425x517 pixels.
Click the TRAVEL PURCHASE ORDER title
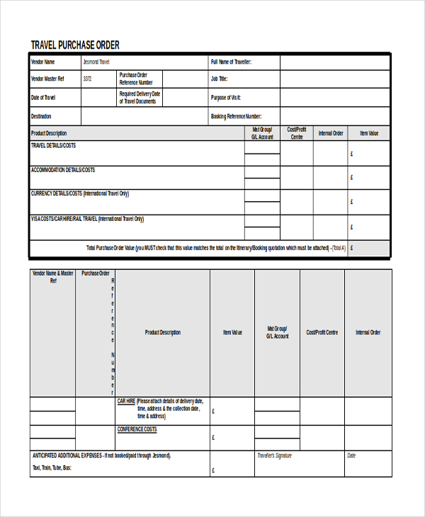pyautogui.click(x=75, y=45)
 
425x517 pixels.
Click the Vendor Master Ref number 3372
pyautogui.click(x=87, y=79)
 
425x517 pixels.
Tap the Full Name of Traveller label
pyautogui.click(x=231, y=62)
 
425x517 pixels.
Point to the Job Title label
pyautogui.click(x=219, y=79)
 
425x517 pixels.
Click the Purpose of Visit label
pyautogui.click(x=226, y=98)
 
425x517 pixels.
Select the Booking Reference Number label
pyautogui.click(x=237, y=116)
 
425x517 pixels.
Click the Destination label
pyautogui.click(x=41, y=116)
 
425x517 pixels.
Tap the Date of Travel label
pyautogui.click(x=43, y=98)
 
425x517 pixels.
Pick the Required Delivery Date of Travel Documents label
pyautogui.click(x=140, y=98)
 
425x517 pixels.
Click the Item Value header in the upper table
pyautogui.click(x=369, y=133)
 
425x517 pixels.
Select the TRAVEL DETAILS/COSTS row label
pyautogui.click(x=53, y=145)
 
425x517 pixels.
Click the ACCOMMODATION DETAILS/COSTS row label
pyautogui.click(x=63, y=170)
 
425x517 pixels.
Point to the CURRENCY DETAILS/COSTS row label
pyautogui.click(x=80, y=193)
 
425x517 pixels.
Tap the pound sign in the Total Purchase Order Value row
pyautogui.click(x=352, y=249)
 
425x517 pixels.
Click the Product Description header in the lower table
pyautogui.click(x=162, y=332)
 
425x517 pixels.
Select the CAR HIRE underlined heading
pyautogui.click(x=126, y=401)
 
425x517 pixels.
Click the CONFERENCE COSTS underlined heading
pyautogui.click(x=137, y=429)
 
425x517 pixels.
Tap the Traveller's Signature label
pyautogui.click(x=274, y=455)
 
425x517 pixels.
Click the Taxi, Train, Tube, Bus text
pyautogui.click(x=52, y=468)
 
